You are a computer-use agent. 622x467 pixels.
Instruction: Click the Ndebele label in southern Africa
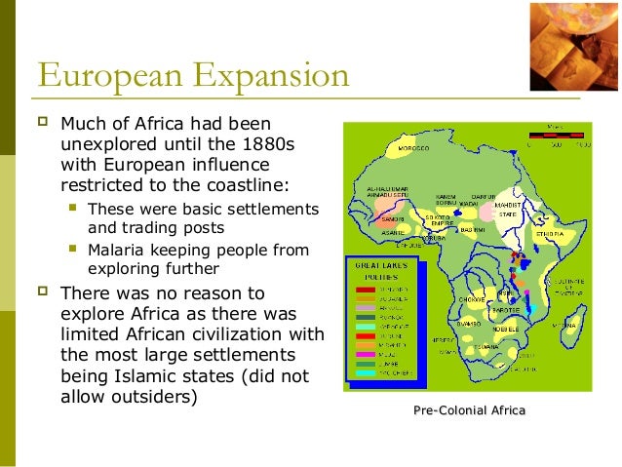pyautogui.click(x=498, y=328)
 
